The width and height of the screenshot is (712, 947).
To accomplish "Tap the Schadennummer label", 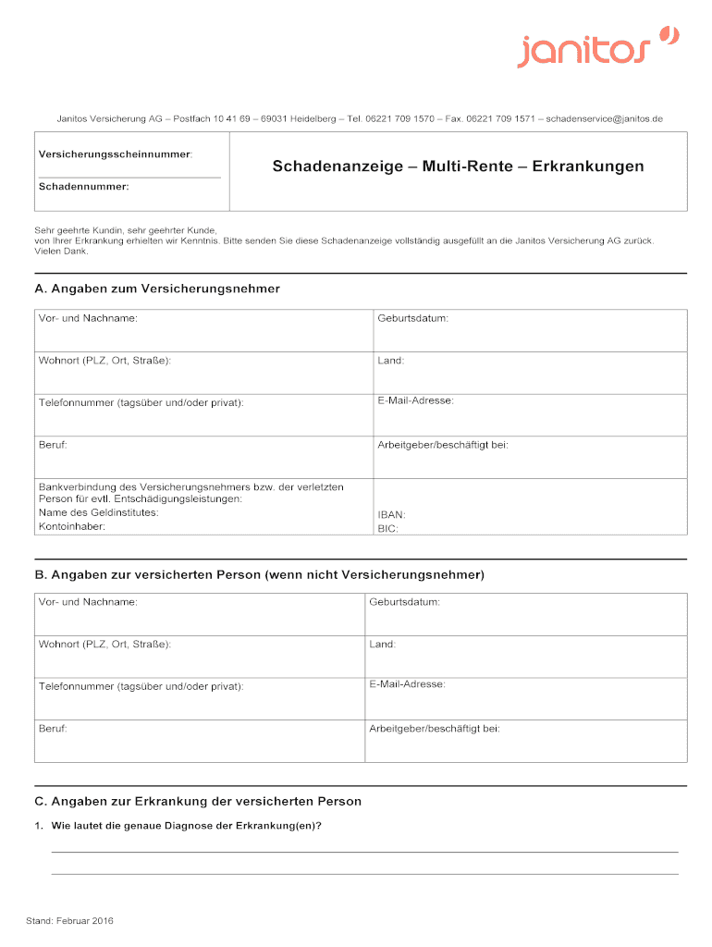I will click(84, 186).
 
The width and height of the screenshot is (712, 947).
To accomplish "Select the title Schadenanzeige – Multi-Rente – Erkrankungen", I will click(458, 167).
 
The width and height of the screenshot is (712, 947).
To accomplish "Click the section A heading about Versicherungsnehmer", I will click(157, 289).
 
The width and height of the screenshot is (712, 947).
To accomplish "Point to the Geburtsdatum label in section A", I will click(413, 318).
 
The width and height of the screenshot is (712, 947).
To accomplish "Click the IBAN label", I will click(391, 514).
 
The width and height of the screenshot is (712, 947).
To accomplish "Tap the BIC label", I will click(387, 529).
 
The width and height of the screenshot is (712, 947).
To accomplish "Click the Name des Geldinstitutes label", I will click(98, 512).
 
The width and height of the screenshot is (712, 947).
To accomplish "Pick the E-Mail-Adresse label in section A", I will click(415, 400).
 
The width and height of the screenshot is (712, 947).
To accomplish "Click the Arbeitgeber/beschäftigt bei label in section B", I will click(435, 728).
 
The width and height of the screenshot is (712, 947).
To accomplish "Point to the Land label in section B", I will click(382, 644).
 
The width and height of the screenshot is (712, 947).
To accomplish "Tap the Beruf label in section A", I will click(53, 445).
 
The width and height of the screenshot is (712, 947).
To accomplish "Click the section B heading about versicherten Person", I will click(260, 574).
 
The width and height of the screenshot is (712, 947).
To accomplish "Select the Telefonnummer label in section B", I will click(141, 686).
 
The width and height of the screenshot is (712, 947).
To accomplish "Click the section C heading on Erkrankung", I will click(198, 801).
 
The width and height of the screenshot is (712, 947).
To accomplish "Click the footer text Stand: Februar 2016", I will click(70, 921).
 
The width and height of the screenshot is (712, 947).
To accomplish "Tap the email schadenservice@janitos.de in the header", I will click(605, 119).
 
